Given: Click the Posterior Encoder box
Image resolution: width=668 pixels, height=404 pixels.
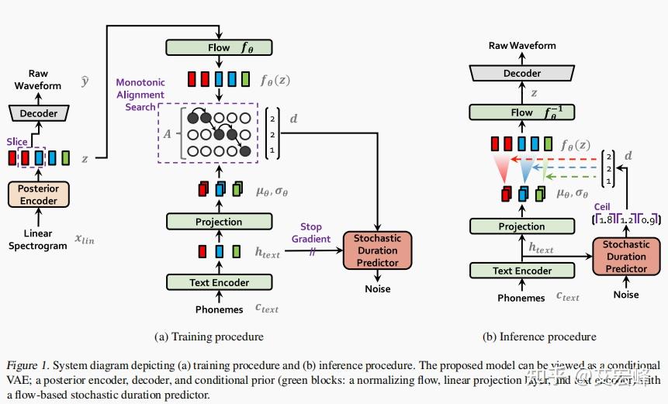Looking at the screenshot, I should [x=39, y=194].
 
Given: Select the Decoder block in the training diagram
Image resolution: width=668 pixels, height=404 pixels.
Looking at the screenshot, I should [x=39, y=113].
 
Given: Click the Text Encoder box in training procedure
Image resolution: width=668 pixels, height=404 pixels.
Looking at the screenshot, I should [x=219, y=282].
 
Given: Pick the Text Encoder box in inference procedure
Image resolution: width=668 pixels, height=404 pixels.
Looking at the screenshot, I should [x=522, y=271].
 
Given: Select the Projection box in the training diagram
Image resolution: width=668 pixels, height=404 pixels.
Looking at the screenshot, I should [x=219, y=222].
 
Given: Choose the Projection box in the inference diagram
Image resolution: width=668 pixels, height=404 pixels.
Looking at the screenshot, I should [x=521, y=226].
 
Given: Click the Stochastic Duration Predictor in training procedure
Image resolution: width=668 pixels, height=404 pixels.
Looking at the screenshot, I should [x=378, y=250].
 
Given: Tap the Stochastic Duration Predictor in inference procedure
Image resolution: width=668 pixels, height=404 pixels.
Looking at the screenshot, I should [x=625, y=257].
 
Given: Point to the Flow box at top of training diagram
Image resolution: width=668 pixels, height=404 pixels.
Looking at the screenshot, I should [x=219, y=47].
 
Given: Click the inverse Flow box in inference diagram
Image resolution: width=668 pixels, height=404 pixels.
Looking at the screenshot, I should [x=521, y=112].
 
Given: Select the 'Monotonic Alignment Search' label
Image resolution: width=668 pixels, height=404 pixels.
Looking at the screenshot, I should [x=140, y=95].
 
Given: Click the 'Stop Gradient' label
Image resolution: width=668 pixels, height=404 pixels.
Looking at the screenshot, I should [x=310, y=233].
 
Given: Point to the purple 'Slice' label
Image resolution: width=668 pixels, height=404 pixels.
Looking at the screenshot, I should [x=17, y=142].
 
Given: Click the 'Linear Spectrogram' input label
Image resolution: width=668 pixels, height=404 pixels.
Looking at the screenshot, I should [x=38, y=240].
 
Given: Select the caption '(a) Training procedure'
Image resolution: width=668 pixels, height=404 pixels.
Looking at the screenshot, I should [x=210, y=337].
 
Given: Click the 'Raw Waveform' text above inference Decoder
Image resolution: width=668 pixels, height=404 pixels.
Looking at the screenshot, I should [x=521, y=46].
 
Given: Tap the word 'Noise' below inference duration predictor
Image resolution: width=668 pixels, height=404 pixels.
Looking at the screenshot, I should [x=625, y=295].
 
